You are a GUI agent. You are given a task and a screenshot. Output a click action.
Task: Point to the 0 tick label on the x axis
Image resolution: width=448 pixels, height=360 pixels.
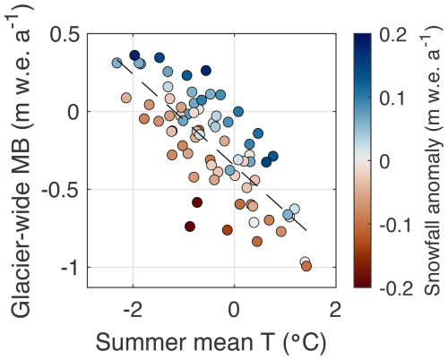click(234, 310)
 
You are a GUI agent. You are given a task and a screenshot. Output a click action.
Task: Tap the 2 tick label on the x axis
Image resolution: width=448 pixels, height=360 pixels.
click(334, 310)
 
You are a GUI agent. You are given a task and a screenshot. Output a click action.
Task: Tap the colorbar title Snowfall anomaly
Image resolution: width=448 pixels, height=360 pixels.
click(431, 161)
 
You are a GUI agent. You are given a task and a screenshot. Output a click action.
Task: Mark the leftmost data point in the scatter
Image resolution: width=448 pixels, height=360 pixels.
click(116, 63)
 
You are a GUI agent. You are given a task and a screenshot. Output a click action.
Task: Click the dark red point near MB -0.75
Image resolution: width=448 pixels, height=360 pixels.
click(190, 227)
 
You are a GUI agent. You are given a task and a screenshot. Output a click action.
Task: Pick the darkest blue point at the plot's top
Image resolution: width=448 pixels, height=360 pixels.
click(134, 56)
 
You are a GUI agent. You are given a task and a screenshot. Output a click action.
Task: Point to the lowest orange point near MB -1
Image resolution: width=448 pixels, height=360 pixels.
click(306, 266)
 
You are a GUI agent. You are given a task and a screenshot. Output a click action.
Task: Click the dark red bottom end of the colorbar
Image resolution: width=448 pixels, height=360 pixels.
click(362, 283)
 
